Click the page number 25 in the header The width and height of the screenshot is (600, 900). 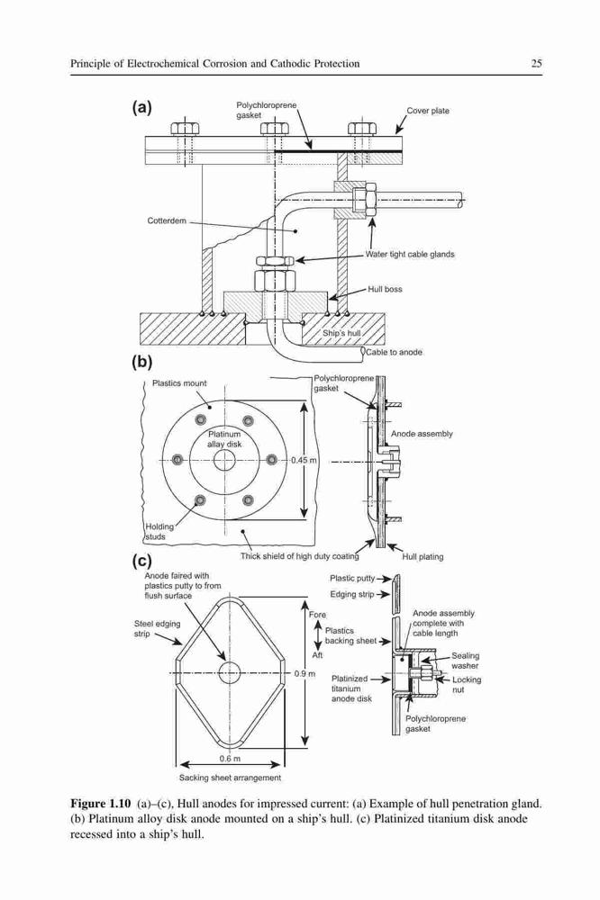click(536, 64)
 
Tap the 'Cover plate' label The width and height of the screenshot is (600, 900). click(428, 111)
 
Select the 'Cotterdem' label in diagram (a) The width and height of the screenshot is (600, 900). click(167, 221)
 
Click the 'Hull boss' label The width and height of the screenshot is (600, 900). click(385, 289)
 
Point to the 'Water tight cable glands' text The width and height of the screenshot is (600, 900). click(410, 255)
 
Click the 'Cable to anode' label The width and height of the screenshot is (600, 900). click(395, 352)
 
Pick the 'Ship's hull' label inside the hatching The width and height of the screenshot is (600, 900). click(341, 333)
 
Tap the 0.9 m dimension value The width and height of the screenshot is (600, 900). click(305, 673)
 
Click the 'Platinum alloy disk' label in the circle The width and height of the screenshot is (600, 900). click(224, 439)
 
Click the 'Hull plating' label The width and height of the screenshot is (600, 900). click(423, 557)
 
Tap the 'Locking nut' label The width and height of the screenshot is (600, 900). click(467, 685)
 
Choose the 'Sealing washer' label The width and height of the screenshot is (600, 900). click(465, 661)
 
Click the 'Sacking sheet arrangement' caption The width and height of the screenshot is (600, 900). click(230, 778)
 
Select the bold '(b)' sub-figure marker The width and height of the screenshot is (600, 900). click(142, 362)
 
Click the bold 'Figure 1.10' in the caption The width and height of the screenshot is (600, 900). click(101, 804)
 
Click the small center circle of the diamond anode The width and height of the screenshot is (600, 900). click(230, 672)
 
